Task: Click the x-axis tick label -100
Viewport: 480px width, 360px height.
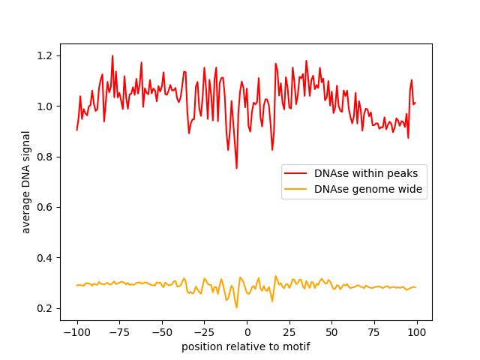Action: point(76,332)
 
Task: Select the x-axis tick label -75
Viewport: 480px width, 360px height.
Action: point(119,332)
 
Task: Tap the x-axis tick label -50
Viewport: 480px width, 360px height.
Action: point(162,332)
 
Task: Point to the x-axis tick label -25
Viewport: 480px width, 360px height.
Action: point(204,332)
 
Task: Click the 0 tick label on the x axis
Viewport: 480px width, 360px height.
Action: point(247,332)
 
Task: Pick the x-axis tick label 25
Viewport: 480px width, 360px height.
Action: point(289,332)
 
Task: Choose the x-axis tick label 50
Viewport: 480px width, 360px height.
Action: point(332,332)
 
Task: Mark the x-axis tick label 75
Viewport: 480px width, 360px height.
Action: point(374,332)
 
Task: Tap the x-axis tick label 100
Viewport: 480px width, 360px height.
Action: point(417,332)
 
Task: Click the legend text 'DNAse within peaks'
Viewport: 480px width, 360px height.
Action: point(358,173)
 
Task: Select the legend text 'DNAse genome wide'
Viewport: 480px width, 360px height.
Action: point(358,190)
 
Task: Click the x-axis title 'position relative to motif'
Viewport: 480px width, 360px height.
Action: point(245,346)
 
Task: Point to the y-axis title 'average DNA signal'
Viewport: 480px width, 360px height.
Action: point(26,182)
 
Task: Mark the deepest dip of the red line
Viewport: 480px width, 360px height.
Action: point(236,168)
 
